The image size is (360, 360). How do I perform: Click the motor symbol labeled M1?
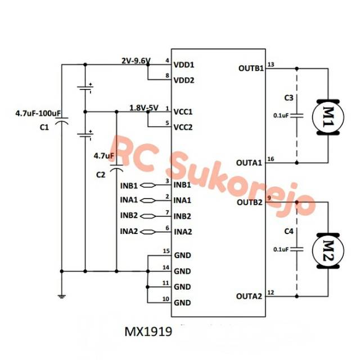(x=326, y=116)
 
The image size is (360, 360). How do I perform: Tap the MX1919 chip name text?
(x=148, y=331)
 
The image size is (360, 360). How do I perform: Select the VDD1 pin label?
(x=184, y=65)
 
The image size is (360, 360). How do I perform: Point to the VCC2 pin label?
(x=184, y=127)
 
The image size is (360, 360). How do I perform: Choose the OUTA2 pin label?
(x=249, y=296)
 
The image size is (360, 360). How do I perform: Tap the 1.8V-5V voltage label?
(x=144, y=107)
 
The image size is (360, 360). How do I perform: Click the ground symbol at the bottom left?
(x=61, y=294)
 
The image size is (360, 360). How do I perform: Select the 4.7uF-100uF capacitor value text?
(x=38, y=114)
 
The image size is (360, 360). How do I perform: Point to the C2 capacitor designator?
(x=101, y=175)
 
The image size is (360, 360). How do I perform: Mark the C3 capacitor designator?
(x=288, y=98)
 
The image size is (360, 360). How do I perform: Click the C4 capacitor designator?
(x=288, y=231)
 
